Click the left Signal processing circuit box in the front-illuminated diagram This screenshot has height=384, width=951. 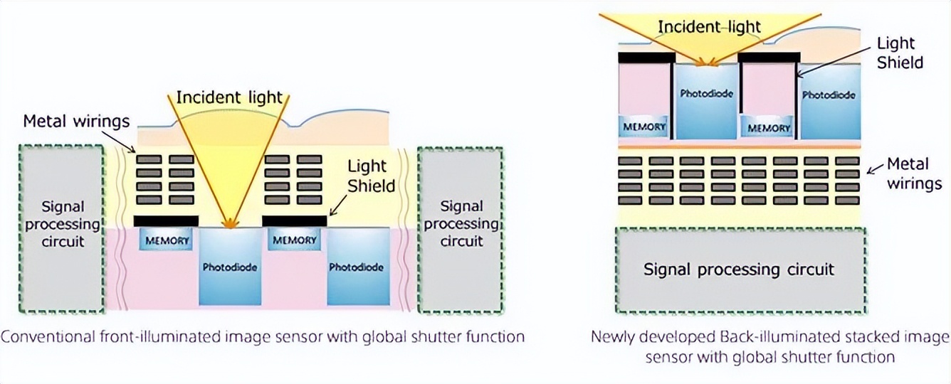pos(62,229)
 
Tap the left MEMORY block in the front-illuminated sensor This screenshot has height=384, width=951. pos(167,240)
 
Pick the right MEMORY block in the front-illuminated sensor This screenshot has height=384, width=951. pos(295,240)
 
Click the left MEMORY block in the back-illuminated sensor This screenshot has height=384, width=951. pos(644,127)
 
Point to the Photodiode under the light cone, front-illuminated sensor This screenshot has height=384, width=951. pos(229,267)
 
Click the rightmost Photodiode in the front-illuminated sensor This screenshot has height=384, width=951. pos(356,267)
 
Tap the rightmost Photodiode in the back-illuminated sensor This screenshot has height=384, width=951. pos(828,95)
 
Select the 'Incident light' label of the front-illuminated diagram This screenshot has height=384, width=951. pos(229,97)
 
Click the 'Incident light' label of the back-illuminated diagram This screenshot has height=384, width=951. pos(709,28)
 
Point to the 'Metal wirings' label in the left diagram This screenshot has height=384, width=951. pos(76,121)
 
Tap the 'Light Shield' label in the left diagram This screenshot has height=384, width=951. pos(371,176)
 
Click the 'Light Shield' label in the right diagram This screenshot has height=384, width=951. pos(900,53)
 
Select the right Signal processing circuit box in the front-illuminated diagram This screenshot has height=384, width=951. pos(461,229)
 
